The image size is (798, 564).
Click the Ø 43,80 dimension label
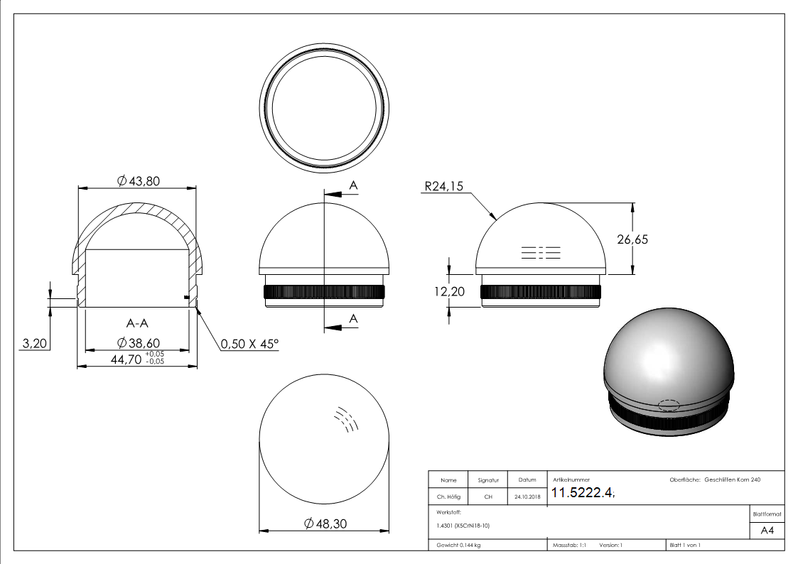[x=138, y=180]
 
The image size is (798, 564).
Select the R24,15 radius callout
[x=444, y=186]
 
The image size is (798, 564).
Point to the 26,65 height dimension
[x=632, y=239]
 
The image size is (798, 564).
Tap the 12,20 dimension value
[x=449, y=291]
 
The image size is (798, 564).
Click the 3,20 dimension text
[x=35, y=343]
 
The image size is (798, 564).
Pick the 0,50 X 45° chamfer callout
[x=249, y=344]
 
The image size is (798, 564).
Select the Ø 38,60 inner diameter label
[x=138, y=343]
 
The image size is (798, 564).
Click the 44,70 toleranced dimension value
[x=126, y=359]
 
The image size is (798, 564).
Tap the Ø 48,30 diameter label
[x=325, y=524]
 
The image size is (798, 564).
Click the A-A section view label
[x=137, y=323]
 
